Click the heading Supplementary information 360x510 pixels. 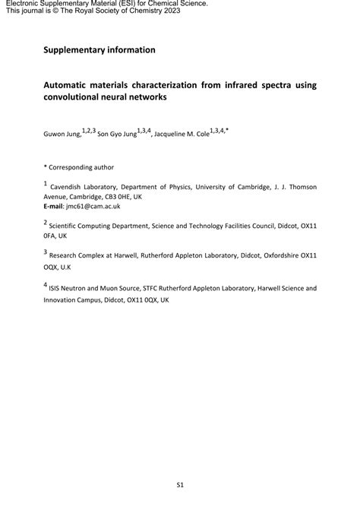pyautogui.click(x=99, y=50)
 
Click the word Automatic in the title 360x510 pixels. pyautogui.click(x=68, y=85)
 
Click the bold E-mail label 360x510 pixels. pyautogui.click(x=55, y=206)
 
